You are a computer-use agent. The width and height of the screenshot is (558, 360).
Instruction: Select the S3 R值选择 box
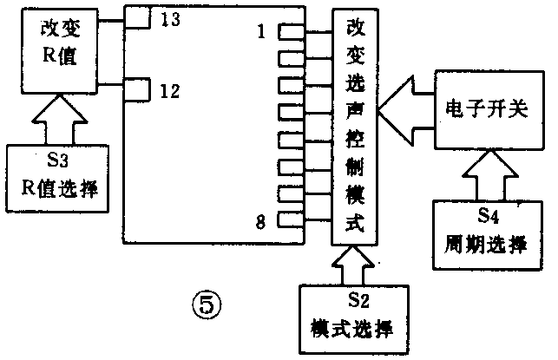tap(59, 178)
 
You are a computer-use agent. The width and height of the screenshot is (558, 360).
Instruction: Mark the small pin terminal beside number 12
tap(138, 88)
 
